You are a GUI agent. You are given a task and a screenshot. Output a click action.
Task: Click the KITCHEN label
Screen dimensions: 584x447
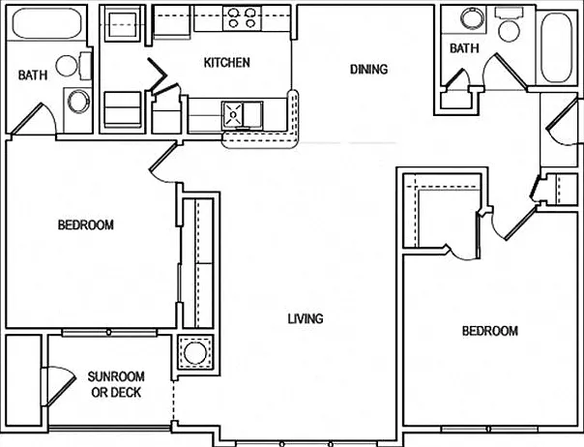click(x=227, y=62)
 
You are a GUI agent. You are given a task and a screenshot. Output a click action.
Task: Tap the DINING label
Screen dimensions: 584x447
click(x=368, y=69)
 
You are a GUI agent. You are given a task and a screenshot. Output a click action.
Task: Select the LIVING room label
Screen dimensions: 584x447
click(x=306, y=318)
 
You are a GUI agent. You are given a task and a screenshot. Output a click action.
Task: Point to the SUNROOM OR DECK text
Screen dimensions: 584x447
click(x=116, y=384)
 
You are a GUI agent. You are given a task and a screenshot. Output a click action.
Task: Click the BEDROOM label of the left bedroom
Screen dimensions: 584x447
click(x=86, y=224)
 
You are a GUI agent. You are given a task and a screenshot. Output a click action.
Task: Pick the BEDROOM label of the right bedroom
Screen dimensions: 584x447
click(x=490, y=331)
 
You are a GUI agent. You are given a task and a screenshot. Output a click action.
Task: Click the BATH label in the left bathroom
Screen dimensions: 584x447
click(x=33, y=74)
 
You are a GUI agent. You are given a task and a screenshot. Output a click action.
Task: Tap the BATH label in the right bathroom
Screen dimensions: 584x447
click(x=464, y=48)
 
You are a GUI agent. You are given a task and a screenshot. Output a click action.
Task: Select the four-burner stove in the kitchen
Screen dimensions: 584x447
click(x=242, y=18)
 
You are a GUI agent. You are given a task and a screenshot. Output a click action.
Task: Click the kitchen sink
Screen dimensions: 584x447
click(x=243, y=114)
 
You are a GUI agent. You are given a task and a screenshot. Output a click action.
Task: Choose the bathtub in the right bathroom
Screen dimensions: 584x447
click(x=556, y=47)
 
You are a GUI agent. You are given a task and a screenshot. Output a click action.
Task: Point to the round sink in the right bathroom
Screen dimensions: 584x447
click(x=472, y=17)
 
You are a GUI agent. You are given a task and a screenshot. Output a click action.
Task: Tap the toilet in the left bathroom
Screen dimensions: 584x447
click(x=73, y=66)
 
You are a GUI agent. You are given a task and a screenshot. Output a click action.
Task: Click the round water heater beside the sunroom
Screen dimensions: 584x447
click(x=195, y=352)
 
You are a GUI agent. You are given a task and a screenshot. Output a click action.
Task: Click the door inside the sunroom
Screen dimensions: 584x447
click(x=60, y=386)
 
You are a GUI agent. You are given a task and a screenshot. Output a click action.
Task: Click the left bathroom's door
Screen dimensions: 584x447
click(x=33, y=119)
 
